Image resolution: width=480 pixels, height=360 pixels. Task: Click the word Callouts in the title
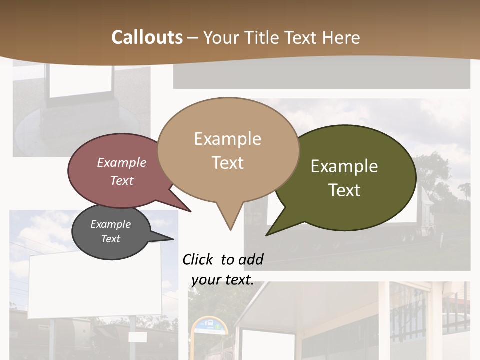[x=147, y=37]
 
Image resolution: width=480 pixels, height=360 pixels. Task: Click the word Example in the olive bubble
[x=344, y=166]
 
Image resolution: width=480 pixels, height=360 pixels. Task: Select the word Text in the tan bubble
[x=228, y=163]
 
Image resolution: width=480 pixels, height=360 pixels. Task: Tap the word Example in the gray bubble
[x=110, y=224]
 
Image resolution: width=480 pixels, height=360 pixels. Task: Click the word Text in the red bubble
[x=122, y=180]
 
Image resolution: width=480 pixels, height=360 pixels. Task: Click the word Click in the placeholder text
[x=198, y=259]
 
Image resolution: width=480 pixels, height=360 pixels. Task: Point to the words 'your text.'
[x=223, y=280]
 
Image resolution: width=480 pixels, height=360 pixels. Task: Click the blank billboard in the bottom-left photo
[x=95, y=285]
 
